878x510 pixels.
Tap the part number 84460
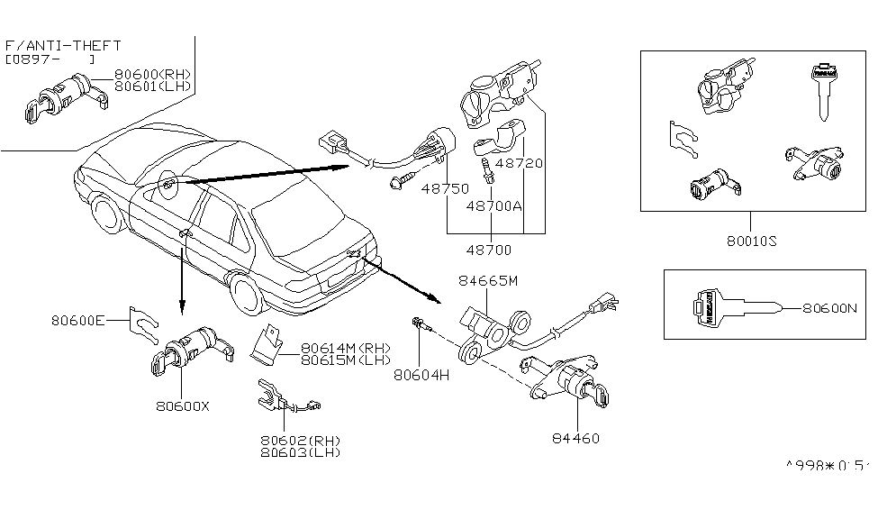576,439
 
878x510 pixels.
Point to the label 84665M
488,281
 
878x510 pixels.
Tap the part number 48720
520,165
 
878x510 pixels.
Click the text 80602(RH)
300,440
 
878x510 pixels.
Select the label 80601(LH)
153,87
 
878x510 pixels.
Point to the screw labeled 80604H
421,323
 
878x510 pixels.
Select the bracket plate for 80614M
266,345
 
